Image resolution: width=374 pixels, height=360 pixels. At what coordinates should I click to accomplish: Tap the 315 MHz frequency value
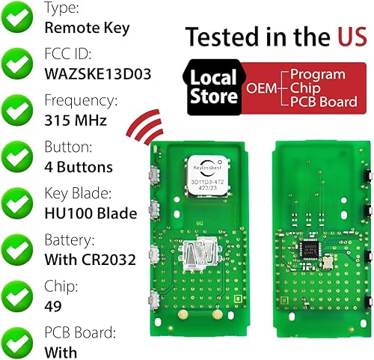click(x=76, y=121)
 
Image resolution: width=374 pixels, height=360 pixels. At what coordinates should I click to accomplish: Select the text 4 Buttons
click(x=79, y=167)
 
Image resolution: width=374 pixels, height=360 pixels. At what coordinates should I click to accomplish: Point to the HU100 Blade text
click(x=91, y=213)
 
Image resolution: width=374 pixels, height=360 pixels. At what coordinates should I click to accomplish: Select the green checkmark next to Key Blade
click(x=19, y=204)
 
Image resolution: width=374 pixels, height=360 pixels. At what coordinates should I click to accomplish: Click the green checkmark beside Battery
click(x=19, y=250)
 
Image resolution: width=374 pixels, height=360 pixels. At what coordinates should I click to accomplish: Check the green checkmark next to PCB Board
click(x=19, y=341)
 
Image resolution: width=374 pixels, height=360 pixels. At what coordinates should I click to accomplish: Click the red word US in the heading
click(x=339, y=35)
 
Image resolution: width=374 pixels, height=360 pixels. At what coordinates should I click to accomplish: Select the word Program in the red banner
click(x=318, y=74)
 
